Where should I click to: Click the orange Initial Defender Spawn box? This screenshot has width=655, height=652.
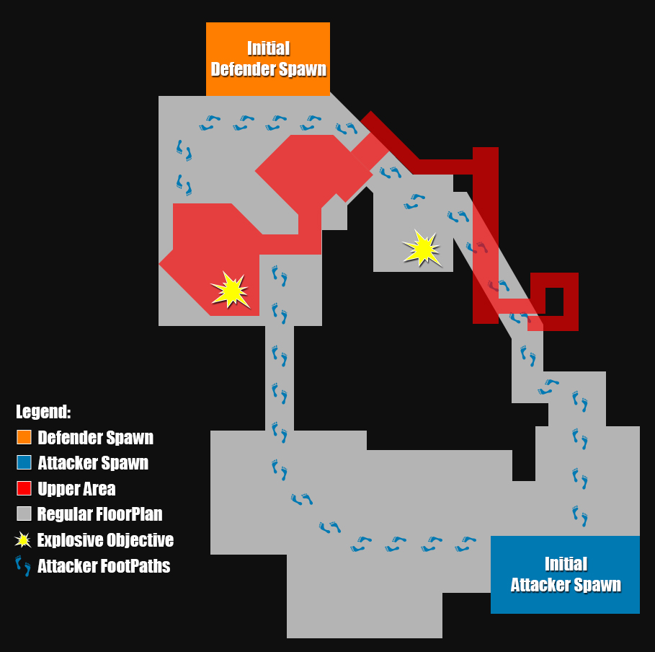point(268,59)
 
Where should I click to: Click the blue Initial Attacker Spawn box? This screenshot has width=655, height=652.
point(565,574)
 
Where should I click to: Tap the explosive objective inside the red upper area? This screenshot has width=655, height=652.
point(231,290)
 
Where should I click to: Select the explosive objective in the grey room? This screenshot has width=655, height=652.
point(422,248)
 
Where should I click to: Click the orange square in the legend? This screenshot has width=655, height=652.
point(24,437)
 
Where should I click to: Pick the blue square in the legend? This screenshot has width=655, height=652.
point(24,462)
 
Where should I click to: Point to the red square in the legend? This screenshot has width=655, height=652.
point(24,488)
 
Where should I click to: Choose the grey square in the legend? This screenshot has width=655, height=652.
point(24,514)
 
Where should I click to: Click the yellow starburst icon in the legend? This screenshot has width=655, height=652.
point(24,539)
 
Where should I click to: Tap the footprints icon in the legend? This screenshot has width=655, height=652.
point(24,565)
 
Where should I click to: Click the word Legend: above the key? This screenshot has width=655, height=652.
point(43,413)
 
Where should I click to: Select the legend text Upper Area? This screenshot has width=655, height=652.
point(76,489)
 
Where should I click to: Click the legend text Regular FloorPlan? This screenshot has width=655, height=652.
point(99,514)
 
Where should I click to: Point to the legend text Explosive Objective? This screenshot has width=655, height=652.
point(105,540)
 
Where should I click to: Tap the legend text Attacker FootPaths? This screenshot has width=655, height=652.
point(104,566)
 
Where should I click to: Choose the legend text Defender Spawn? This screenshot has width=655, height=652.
point(95,438)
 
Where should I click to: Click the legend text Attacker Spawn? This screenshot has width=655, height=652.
point(93,463)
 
